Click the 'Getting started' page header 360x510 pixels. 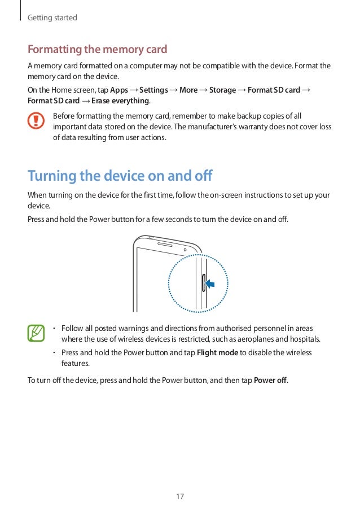point(52,18)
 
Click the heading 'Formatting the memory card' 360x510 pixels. point(98,49)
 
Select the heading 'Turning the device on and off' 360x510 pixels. point(120,176)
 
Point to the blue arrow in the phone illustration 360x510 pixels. point(210,283)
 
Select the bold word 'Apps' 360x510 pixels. point(119,90)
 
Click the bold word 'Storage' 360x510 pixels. point(222,90)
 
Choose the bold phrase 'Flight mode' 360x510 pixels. point(221,353)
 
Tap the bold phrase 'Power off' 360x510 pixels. point(271,380)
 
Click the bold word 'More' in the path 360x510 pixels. point(188,90)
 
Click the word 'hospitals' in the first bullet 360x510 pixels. point(305,339)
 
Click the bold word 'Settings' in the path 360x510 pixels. point(153,90)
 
